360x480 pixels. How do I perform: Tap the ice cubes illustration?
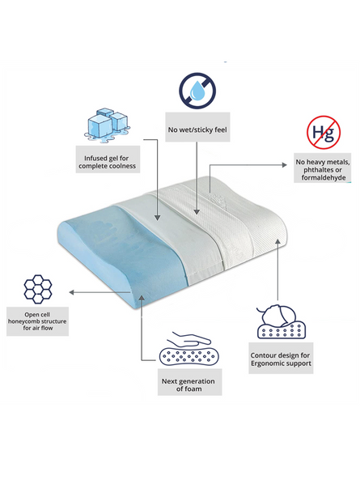[x=106, y=125]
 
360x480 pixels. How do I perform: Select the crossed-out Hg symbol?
[x=324, y=132]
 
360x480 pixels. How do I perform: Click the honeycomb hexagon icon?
[x=38, y=289]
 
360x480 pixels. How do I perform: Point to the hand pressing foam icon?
[x=189, y=349]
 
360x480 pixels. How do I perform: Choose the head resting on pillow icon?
[x=281, y=321]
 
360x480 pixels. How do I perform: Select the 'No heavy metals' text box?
[x=322, y=168]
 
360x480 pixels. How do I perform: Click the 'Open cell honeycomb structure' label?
[x=38, y=321]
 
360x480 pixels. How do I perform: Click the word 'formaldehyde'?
[x=324, y=177]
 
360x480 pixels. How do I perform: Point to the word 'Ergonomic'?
[x=266, y=363]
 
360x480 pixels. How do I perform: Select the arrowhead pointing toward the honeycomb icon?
[x=71, y=292]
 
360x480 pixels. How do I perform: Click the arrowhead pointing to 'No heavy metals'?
[x=285, y=164]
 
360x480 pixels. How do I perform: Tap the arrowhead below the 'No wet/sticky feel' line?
[x=197, y=212]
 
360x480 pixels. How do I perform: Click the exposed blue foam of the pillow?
[x=122, y=251]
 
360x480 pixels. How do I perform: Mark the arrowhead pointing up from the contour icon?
[x=277, y=241]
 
